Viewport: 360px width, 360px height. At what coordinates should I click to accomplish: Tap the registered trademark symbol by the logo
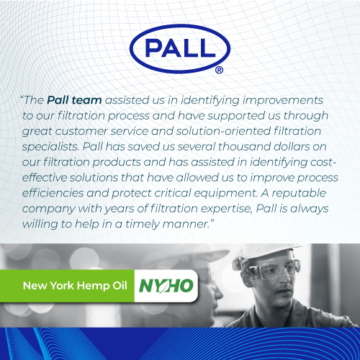(x=219, y=70)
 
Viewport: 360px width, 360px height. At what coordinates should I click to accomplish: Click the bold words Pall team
(x=74, y=100)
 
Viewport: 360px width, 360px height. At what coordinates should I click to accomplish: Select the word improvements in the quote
(x=283, y=101)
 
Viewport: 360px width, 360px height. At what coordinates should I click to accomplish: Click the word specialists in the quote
(x=50, y=147)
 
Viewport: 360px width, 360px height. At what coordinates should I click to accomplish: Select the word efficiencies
(x=53, y=193)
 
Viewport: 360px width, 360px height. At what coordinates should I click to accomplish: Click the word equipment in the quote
(x=225, y=194)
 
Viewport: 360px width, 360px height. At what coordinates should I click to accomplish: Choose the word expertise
(x=227, y=209)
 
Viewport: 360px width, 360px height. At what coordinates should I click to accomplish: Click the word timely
(x=143, y=225)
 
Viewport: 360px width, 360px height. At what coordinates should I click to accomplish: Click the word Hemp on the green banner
(x=93, y=286)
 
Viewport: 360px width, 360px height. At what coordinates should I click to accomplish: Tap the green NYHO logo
(x=166, y=286)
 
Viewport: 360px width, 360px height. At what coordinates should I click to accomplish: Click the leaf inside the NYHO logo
(x=166, y=286)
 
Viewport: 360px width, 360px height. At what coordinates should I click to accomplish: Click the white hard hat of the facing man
(x=266, y=254)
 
